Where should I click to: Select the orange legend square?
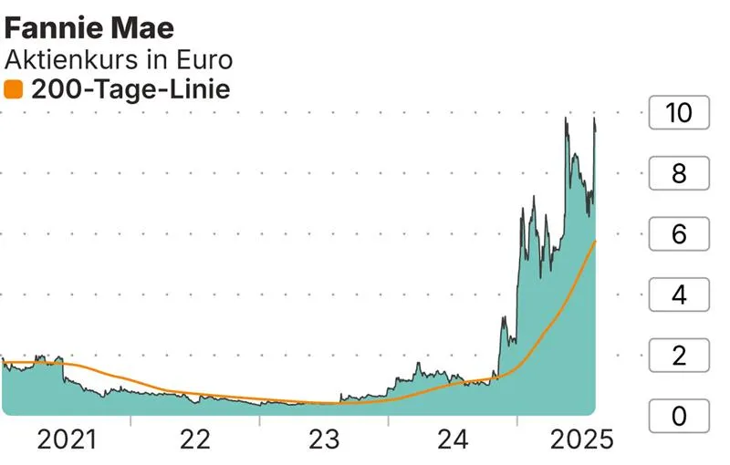tap(13, 89)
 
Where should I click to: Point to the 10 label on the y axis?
tap(679, 114)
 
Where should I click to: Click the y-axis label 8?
tap(679, 174)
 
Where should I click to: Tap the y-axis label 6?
tap(679, 234)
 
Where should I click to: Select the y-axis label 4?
tap(679, 295)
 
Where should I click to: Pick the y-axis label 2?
tap(679, 356)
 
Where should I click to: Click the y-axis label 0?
tap(679, 417)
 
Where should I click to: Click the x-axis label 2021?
tap(66, 440)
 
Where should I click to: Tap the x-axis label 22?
tap(195, 440)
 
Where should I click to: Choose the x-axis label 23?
tap(324, 440)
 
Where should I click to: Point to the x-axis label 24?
tap(453, 440)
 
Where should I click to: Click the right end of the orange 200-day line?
tap(595, 242)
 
